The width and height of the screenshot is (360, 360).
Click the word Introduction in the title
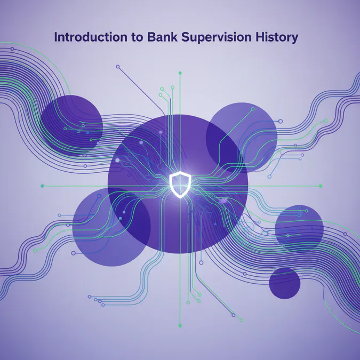coord(87,38)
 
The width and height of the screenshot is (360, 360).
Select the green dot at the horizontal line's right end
coord(321,186)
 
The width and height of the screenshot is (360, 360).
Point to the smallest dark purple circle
coord(285,283)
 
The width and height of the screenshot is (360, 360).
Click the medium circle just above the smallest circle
coord(299,228)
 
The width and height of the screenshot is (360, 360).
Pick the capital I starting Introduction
coord(56,38)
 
